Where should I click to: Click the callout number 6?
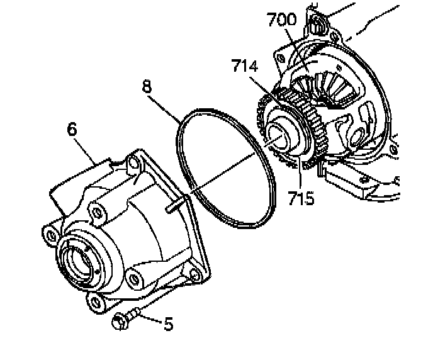[72, 130]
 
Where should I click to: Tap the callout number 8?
[147, 87]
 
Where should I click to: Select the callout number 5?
[168, 323]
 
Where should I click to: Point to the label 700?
[281, 20]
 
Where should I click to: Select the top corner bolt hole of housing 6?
[132, 164]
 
